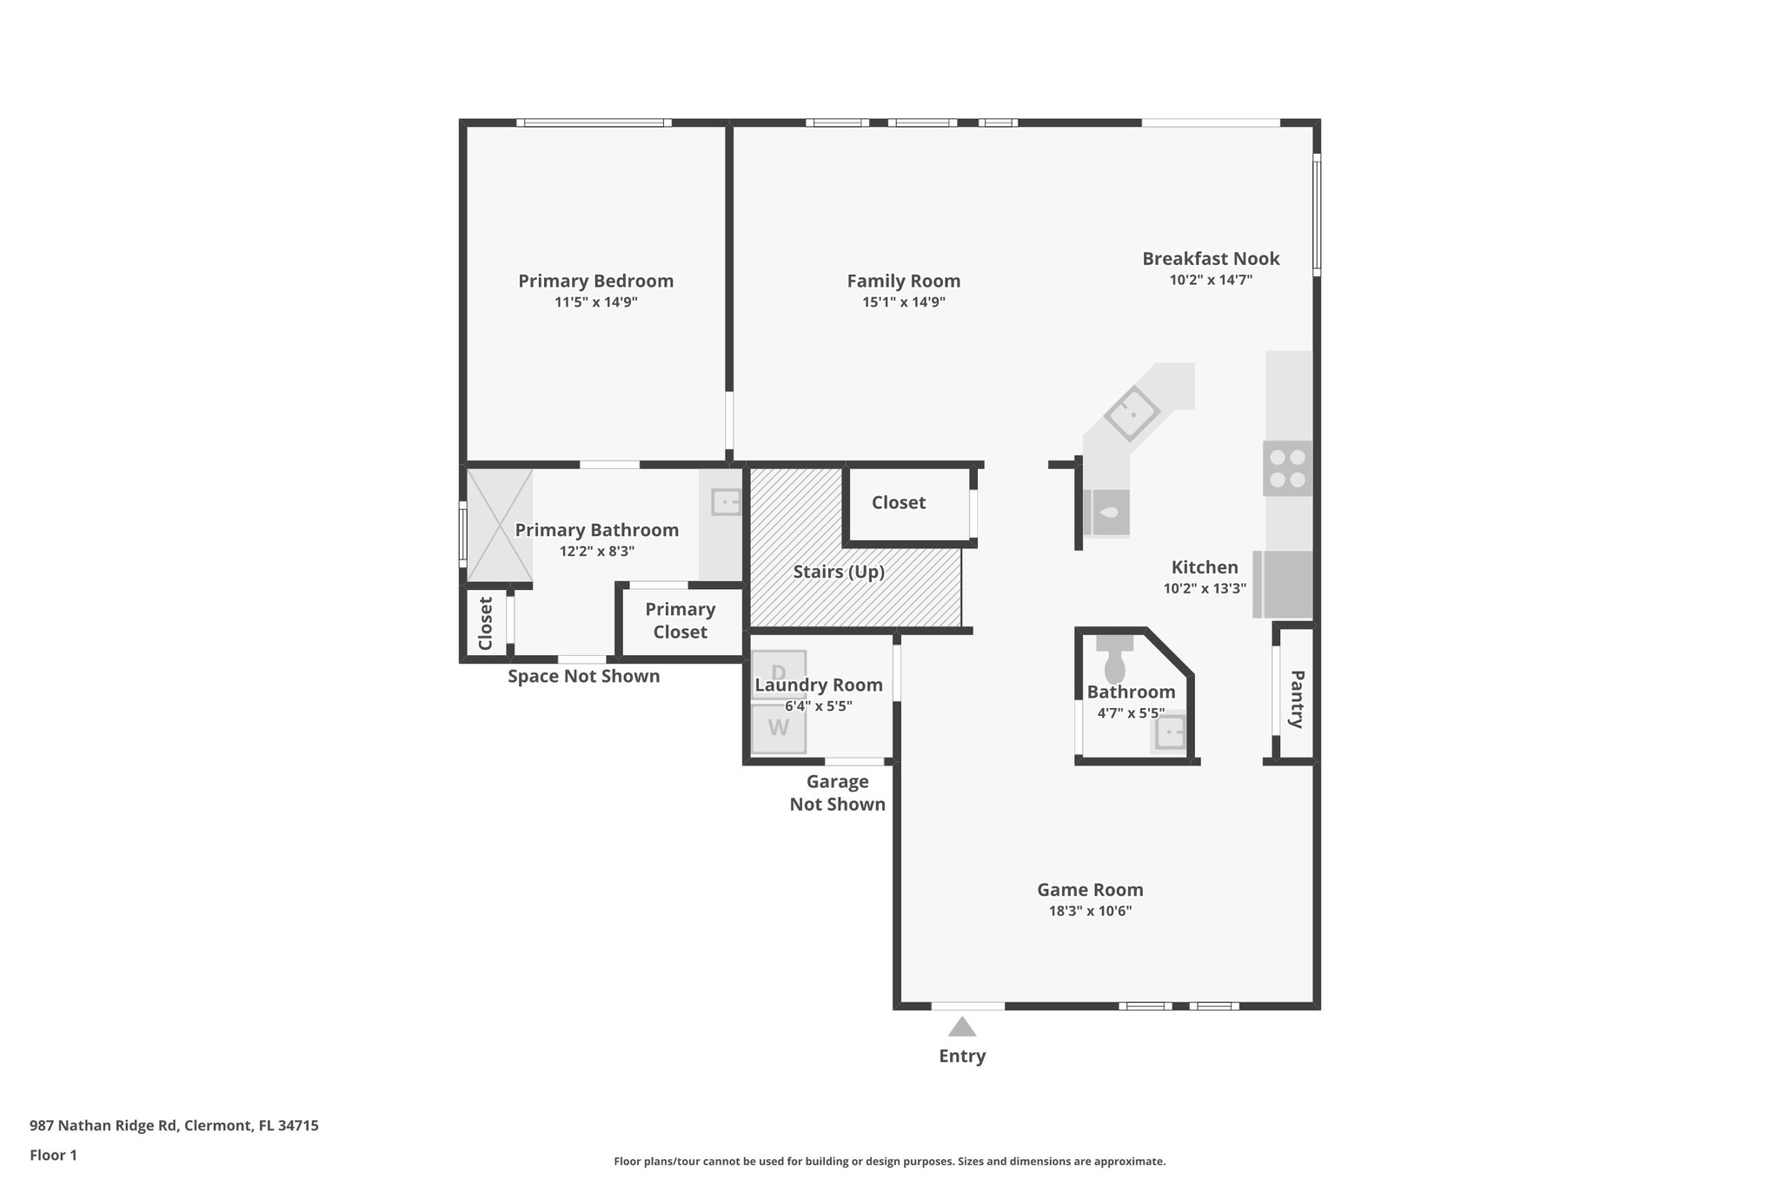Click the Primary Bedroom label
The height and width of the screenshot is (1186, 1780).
click(x=595, y=282)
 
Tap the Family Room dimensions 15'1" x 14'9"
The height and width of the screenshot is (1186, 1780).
click(x=903, y=302)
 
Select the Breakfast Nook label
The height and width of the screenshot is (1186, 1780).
click(x=1210, y=259)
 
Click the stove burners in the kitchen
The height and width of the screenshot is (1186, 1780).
click(x=1287, y=468)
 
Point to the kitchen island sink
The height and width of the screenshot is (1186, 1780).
click(x=1132, y=412)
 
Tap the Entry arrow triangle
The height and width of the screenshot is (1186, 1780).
click(x=961, y=1027)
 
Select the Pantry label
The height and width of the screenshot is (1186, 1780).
click(x=1296, y=699)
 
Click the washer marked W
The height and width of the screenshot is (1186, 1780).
click(x=779, y=728)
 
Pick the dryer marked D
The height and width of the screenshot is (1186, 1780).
click(x=779, y=672)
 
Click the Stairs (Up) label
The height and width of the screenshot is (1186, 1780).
click(x=838, y=572)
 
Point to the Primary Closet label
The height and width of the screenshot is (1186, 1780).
click(x=680, y=620)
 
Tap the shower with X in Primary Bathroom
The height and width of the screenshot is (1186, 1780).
click(x=499, y=525)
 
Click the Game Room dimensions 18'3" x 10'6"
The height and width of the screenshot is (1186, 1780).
click(x=1090, y=911)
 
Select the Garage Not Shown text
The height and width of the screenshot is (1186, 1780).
click(x=837, y=792)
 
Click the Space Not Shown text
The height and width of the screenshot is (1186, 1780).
click(x=583, y=676)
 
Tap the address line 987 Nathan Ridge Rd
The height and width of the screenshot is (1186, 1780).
click(x=174, y=1125)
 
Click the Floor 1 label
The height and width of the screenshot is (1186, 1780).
click(x=53, y=1155)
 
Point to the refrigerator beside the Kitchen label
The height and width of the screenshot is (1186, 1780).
click(x=1285, y=584)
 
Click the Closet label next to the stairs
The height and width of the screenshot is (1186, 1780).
click(x=898, y=503)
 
